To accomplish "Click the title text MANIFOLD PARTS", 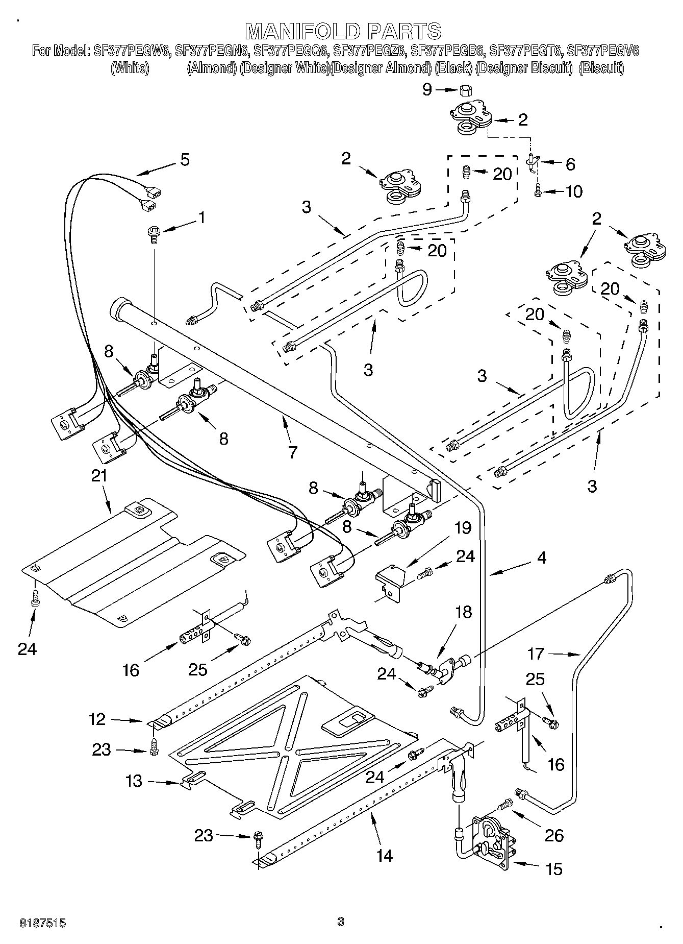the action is (344, 31).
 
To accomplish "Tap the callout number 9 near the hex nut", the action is (427, 90).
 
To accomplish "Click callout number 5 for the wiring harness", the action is (185, 159).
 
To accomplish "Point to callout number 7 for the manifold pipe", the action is (293, 452).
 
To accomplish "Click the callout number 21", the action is (99, 476).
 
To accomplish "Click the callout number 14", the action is (385, 856).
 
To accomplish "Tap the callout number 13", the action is (134, 781).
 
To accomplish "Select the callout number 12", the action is (97, 719).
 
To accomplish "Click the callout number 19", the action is (463, 527).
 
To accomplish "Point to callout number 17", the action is (536, 653).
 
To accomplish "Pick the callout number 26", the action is (554, 835).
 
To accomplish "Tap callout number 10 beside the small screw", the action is (574, 191).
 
